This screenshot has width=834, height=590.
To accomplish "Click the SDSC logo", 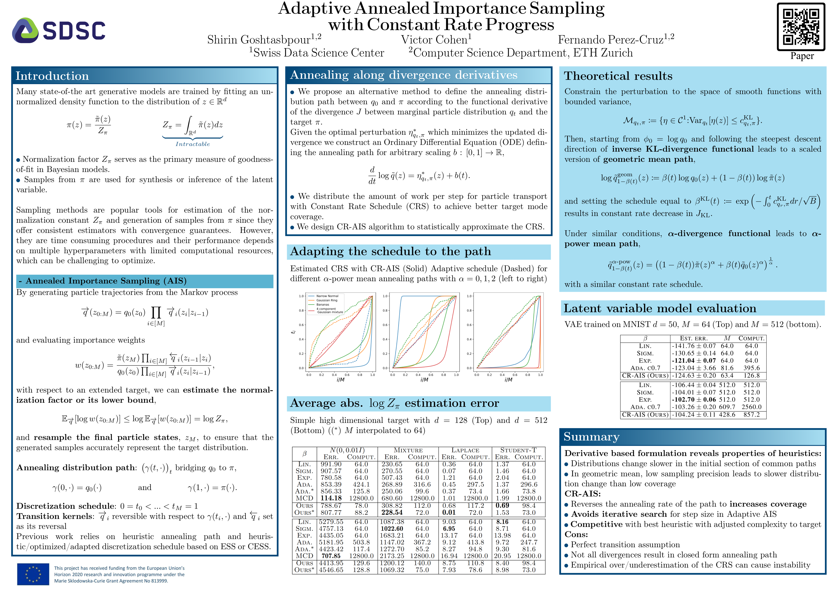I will [x=59, y=31].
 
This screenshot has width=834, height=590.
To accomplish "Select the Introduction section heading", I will [x=52, y=76].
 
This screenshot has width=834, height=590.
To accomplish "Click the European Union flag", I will [x=33, y=574].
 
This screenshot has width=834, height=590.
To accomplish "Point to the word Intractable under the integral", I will [x=193, y=144].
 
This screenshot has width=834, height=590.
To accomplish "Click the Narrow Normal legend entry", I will [x=327, y=296].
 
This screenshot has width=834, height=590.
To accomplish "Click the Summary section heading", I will [x=591, y=437].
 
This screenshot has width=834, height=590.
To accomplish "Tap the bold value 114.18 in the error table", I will [x=331, y=498].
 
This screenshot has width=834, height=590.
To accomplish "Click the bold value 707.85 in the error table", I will [x=331, y=556].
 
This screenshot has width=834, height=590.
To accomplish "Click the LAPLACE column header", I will [x=465, y=450].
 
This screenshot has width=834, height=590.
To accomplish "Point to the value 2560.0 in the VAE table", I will [x=751, y=407].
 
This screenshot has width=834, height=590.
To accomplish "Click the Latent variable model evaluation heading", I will [x=660, y=309].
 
